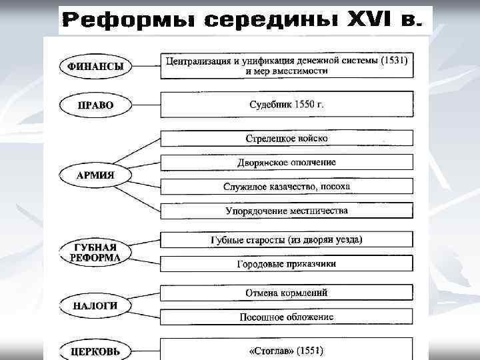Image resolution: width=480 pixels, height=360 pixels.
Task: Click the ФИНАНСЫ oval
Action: click(x=95, y=67)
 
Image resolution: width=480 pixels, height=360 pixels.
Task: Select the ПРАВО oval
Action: click(x=95, y=105)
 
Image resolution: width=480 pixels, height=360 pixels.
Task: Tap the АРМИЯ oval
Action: click(x=95, y=175)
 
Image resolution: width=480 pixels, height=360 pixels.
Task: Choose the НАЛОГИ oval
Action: click(x=95, y=306)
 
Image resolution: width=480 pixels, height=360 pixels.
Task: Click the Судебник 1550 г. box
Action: click(x=287, y=105)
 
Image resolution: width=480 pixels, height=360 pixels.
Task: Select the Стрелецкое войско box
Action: click(x=287, y=139)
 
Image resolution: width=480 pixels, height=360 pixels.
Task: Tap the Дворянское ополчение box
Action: click(x=287, y=162)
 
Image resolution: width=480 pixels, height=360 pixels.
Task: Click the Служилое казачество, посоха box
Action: click(x=287, y=187)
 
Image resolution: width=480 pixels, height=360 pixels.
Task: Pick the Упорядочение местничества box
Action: click(x=287, y=211)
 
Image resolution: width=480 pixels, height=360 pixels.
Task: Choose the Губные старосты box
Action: click(x=287, y=240)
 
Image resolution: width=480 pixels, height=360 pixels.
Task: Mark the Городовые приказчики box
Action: click(x=287, y=264)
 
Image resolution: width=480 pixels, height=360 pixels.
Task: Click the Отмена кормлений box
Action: click(x=287, y=293)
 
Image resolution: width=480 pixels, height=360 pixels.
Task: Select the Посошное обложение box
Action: click(x=287, y=317)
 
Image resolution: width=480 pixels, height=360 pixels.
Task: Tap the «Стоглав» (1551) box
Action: click(x=287, y=349)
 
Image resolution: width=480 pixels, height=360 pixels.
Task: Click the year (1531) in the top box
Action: click(x=393, y=61)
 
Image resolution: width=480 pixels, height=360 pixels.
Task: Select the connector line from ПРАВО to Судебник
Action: click(x=146, y=105)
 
